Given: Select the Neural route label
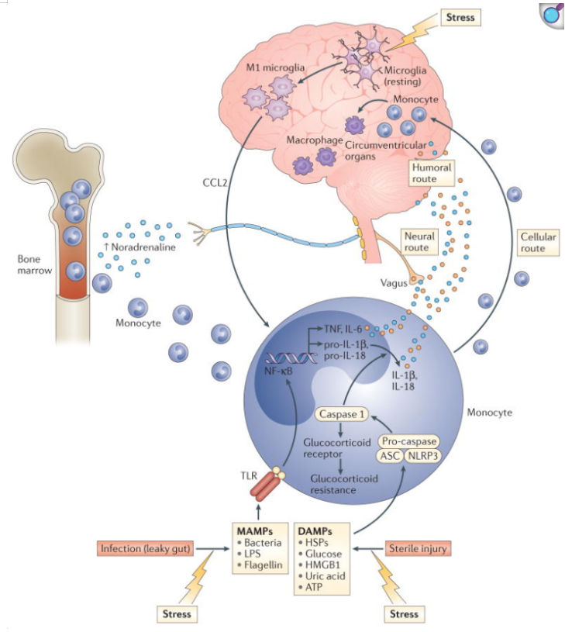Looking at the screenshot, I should click(x=419, y=240).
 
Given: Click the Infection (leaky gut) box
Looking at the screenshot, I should click(x=146, y=549).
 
